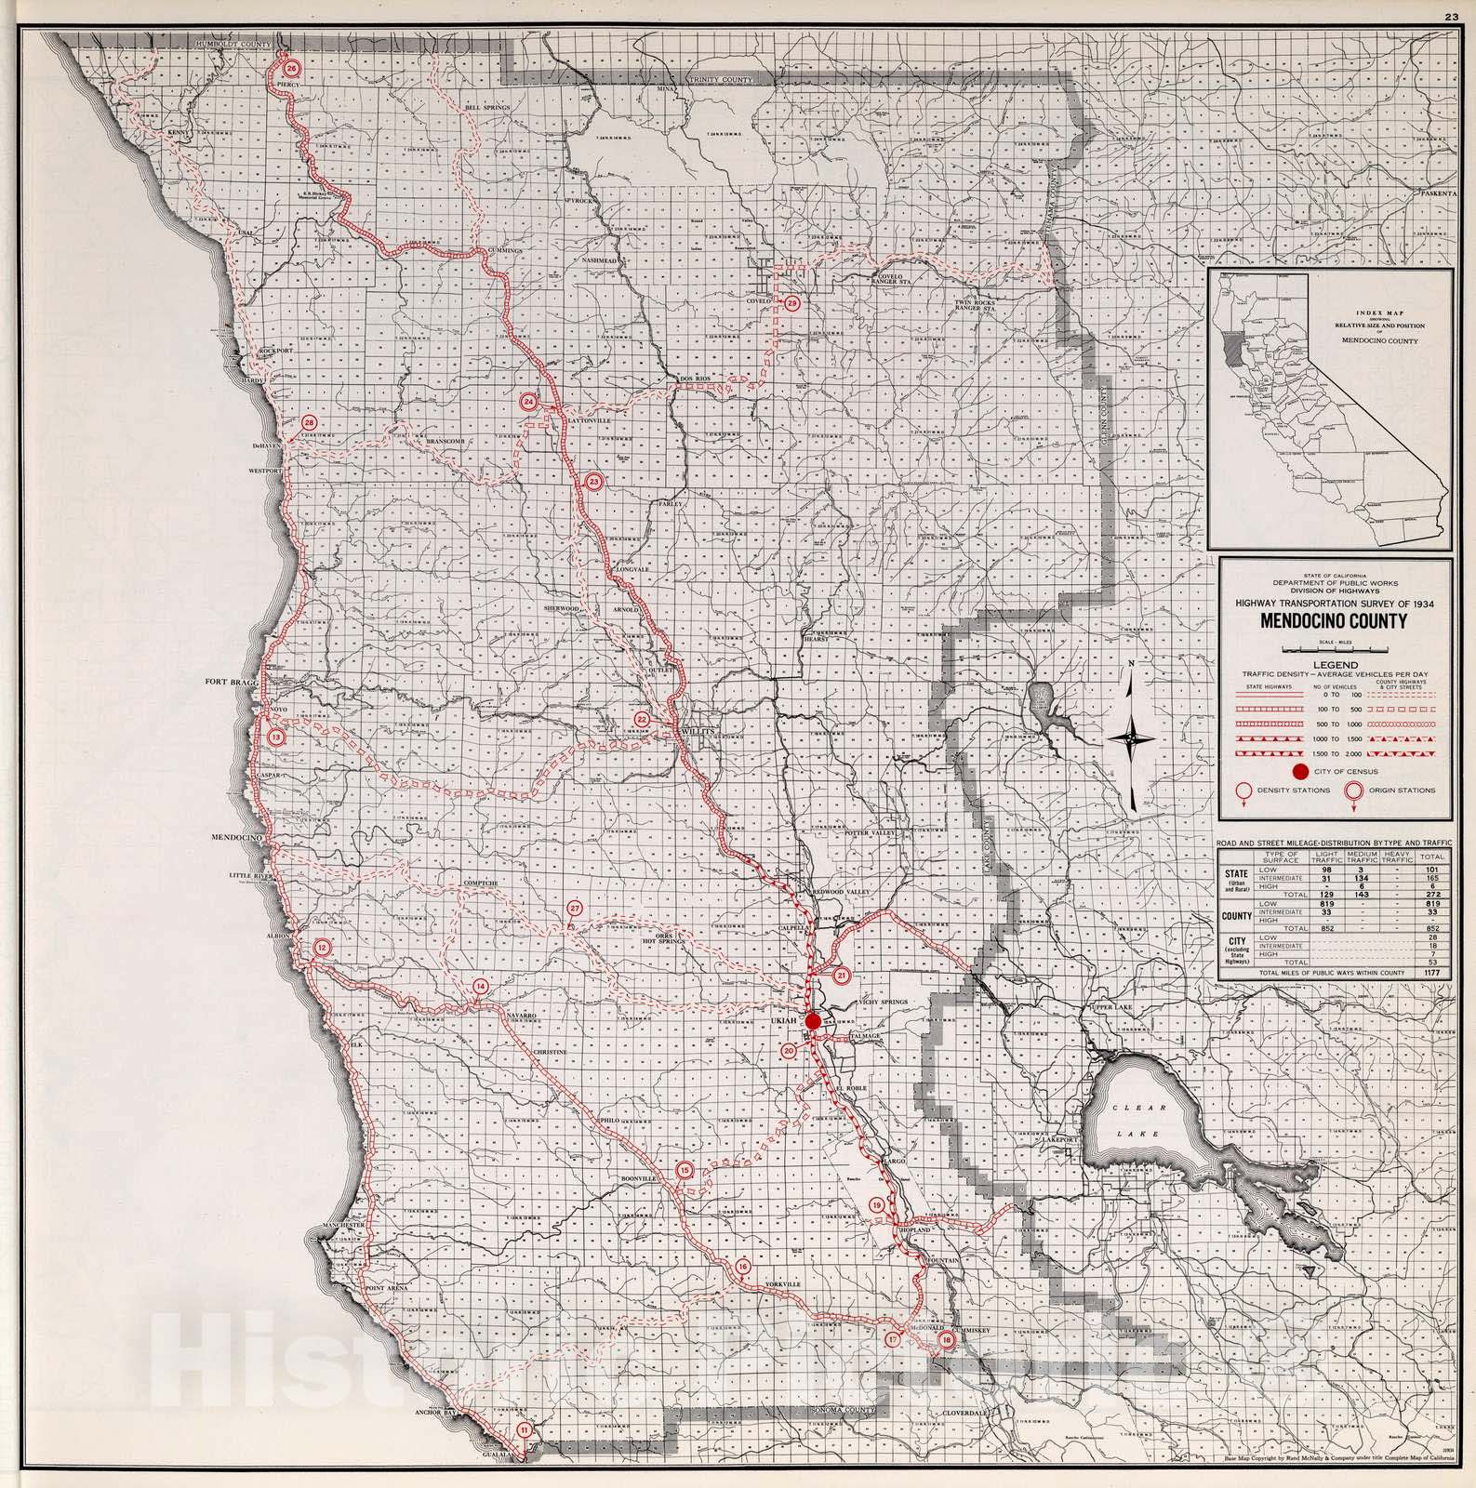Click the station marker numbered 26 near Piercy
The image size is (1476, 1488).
tap(291, 69)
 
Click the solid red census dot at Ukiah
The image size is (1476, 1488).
tap(813, 1021)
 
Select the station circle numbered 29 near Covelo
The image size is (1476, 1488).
tap(791, 303)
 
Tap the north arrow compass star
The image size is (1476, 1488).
tap(1131, 740)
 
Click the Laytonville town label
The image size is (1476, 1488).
tap(590, 420)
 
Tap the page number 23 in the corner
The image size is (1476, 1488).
tap(1450, 15)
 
